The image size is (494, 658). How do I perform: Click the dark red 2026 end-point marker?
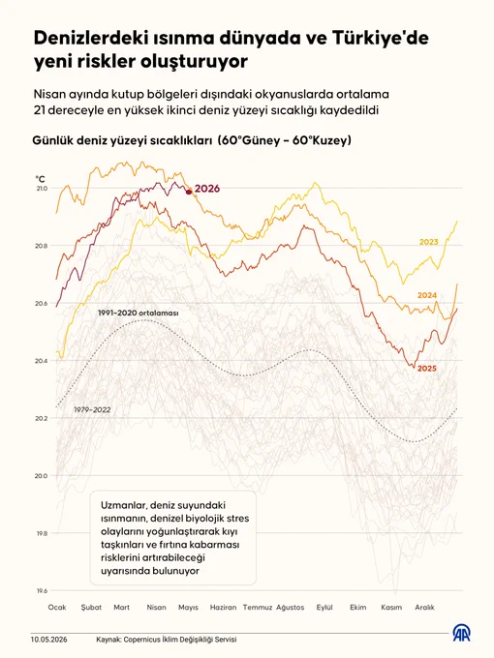[189, 192]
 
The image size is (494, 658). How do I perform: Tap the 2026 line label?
[207, 189]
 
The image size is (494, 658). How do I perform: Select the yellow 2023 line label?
[428, 242]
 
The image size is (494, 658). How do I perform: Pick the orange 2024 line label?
[427, 295]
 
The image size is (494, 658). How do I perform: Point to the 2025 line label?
[427, 369]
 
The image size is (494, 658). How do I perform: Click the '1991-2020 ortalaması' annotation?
[139, 314]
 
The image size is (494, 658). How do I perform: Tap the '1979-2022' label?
[92, 409]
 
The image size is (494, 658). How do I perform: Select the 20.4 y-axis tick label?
[41, 361]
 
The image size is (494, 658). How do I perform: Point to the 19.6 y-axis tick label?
[42, 591]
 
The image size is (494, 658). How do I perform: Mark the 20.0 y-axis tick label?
[41, 476]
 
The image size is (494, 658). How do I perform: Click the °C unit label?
[41, 179]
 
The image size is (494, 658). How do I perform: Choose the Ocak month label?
[57, 608]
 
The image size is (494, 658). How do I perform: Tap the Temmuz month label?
[258, 608]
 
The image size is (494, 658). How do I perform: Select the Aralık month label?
[424, 608]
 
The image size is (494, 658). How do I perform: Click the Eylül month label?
[324, 608]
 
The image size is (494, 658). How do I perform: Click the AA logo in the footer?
[461, 633]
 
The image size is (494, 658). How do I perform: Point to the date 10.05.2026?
[48, 640]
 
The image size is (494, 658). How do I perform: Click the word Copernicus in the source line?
[139, 640]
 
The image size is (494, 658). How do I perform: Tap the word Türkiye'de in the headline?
[380, 38]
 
